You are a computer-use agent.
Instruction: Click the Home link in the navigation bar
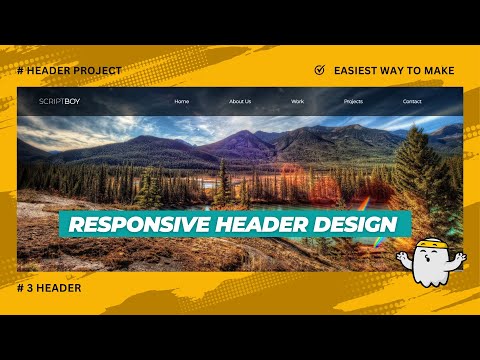tap(181, 101)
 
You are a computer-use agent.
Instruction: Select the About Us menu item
tap(240, 101)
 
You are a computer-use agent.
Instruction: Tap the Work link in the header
tap(297, 101)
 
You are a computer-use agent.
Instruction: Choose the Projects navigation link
tap(353, 101)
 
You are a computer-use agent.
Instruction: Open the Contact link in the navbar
tap(412, 101)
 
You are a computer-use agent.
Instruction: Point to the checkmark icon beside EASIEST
tap(319, 70)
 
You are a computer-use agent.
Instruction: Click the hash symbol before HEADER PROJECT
tap(21, 70)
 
